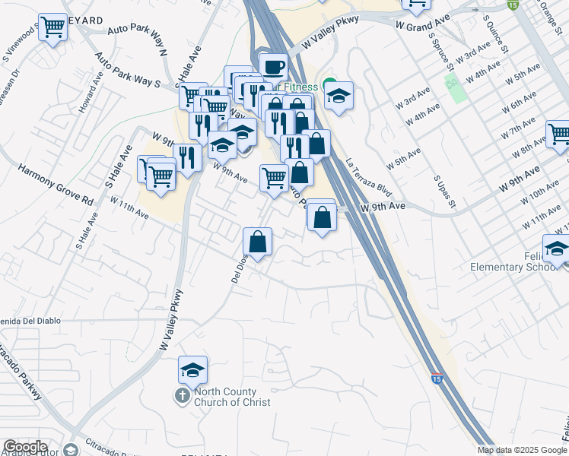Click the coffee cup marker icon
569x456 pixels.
(274, 67)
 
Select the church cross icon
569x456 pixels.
(182, 396)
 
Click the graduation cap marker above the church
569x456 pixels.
(193, 370)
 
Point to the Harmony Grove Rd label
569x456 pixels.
(55, 185)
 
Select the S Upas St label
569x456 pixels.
(443, 192)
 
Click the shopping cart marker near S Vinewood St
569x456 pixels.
(52, 28)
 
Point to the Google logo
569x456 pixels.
(26, 447)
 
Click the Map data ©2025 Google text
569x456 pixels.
(521, 450)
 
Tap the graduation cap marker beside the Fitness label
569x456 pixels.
(339, 96)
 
